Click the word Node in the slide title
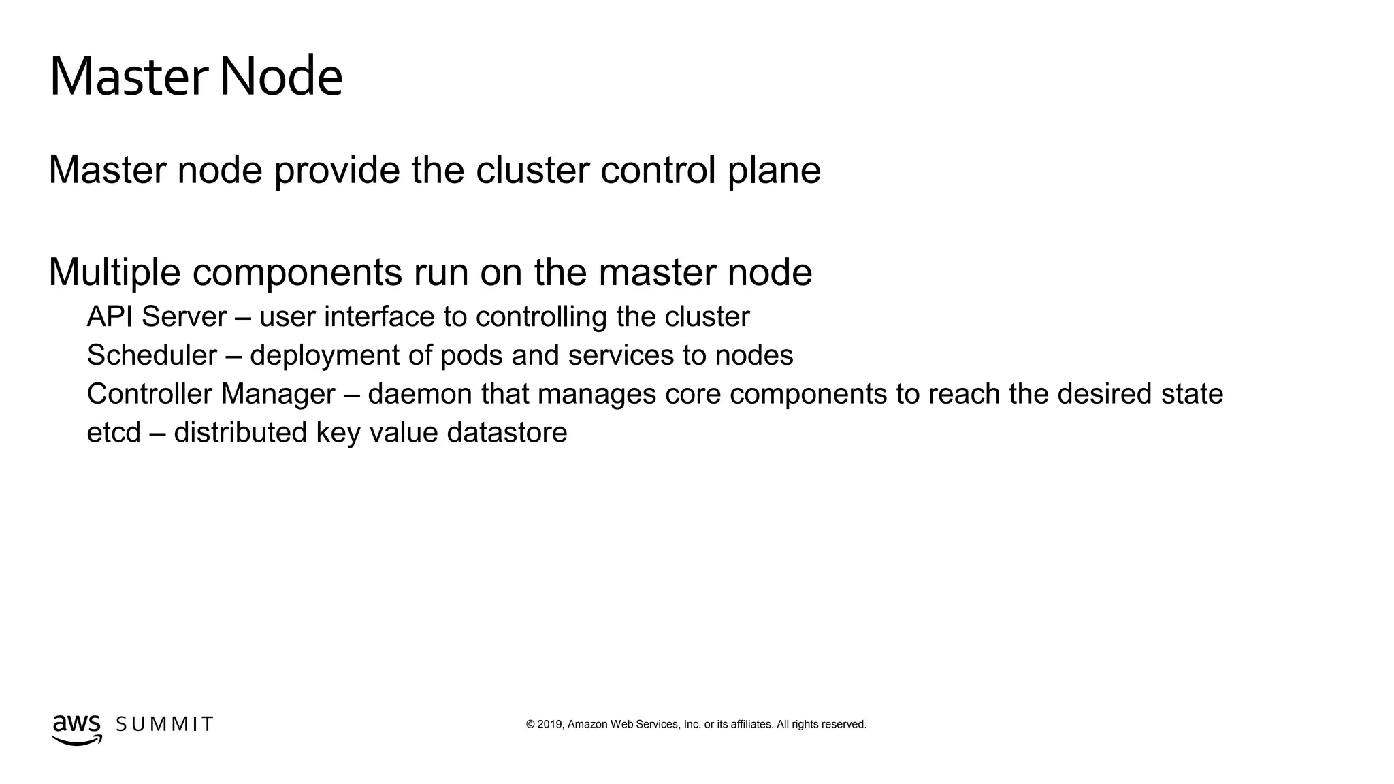click(x=280, y=76)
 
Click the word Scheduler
click(x=152, y=355)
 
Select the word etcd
click(x=114, y=433)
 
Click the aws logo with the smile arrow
click(x=76, y=729)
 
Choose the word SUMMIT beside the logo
click(x=165, y=724)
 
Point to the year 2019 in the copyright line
click(x=550, y=725)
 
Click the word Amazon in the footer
click(x=587, y=725)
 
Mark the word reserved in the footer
click(x=843, y=725)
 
